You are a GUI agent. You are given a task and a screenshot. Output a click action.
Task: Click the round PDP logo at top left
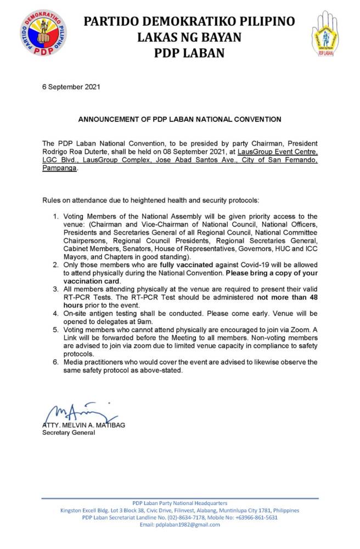(44, 34)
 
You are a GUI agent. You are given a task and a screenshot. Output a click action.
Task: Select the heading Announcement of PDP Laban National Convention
(179, 119)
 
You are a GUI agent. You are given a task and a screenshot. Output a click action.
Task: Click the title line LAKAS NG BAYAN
(189, 37)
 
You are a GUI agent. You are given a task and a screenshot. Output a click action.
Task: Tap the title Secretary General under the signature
(69, 433)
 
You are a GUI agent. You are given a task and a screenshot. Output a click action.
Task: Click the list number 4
(55, 314)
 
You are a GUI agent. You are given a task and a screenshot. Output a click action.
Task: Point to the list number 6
(55, 363)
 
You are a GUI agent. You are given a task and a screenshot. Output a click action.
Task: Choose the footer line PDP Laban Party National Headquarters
(179, 503)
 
